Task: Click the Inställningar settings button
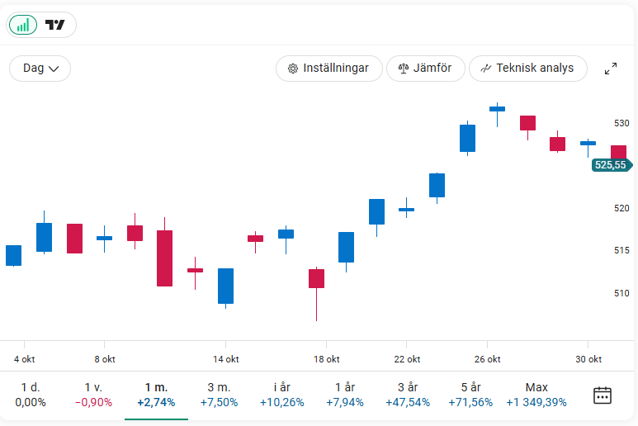click(x=328, y=69)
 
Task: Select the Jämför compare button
click(x=425, y=69)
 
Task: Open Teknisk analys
click(x=527, y=69)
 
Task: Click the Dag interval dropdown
click(x=40, y=69)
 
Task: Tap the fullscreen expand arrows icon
click(x=611, y=69)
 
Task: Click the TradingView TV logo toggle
click(x=55, y=25)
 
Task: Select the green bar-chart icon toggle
click(x=23, y=25)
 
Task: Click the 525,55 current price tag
click(x=610, y=165)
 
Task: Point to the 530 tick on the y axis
click(x=621, y=123)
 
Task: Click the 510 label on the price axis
click(x=621, y=293)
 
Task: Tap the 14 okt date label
click(x=226, y=359)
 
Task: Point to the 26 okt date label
click(x=488, y=359)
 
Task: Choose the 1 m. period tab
click(x=156, y=395)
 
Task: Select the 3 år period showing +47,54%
click(x=408, y=395)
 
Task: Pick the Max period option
click(x=536, y=395)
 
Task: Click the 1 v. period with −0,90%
click(x=93, y=395)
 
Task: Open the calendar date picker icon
click(x=603, y=395)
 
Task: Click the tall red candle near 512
click(x=165, y=258)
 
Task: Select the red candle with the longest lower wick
click(x=316, y=278)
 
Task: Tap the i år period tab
click(x=281, y=395)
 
